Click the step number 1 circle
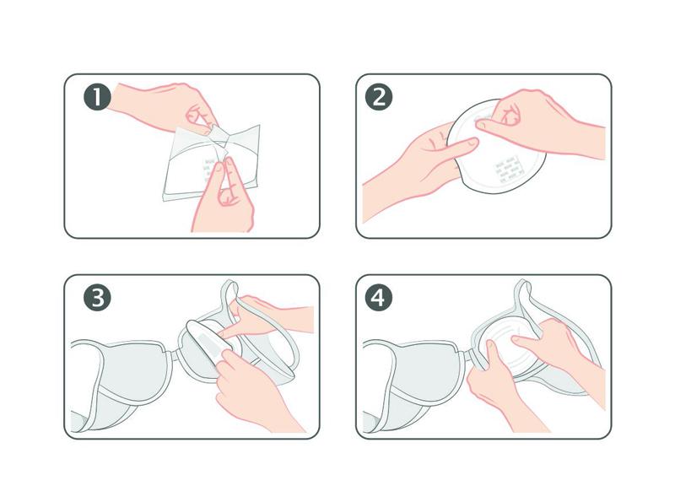(97, 96)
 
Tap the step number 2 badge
(379, 96)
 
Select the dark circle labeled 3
(97, 297)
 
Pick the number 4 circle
(379, 297)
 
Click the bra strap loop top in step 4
(523, 285)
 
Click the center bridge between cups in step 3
(174, 356)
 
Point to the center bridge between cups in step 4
(467, 354)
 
